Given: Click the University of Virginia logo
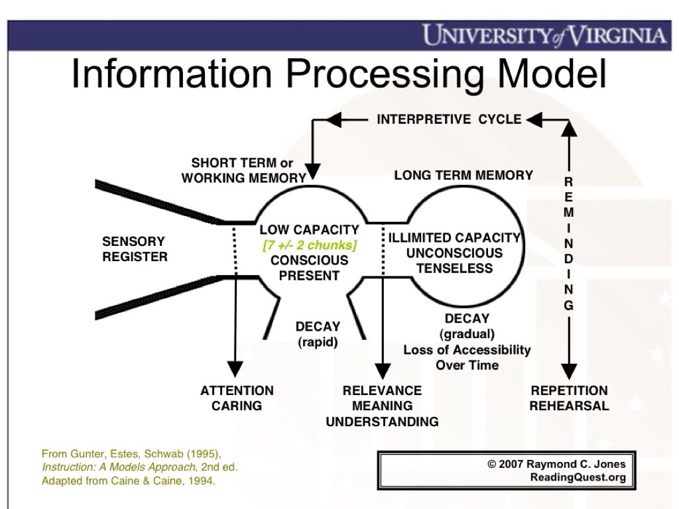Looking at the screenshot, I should tap(544, 34).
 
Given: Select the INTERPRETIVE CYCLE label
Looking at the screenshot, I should tap(449, 119).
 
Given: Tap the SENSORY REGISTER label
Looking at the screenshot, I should tap(135, 249).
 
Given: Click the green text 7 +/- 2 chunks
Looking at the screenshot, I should tap(309, 245).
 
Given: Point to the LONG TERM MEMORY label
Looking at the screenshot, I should tap(463, 176).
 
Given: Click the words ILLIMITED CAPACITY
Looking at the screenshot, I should tap(454, 238).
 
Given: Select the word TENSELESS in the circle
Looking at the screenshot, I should tap(454, 268).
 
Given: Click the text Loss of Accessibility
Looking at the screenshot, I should tap(467, 350).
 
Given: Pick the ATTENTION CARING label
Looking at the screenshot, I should tap(237, 398).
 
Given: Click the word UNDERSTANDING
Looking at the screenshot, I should tap(383, 422).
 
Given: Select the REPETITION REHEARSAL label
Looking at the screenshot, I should tap(569, 398).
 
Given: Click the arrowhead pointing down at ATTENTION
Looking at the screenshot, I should tap(233, 370).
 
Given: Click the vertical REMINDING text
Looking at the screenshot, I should tap(569, 244).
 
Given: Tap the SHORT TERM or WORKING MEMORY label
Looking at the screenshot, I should tap(243, 170).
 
